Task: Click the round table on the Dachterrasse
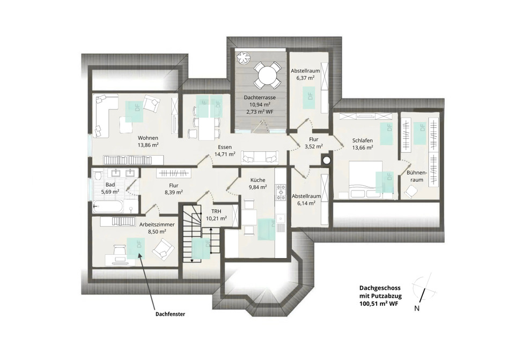[x=269, y=76]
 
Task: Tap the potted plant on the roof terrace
[x=245, y=57]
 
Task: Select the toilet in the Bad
[x=97, y=176]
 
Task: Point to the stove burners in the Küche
[x=281, y=192]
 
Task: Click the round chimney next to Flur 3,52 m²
[x=327, y=160]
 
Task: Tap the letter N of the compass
[x=417, y=308]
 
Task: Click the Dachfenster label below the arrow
[x=170, y=314]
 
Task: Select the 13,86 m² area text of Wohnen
[x=148, y=144]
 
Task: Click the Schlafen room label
[x=363, y=140]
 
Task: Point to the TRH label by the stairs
[x=216, y=211]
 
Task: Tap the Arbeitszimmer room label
[x=157, y=225]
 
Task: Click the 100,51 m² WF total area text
[x=379, y=304]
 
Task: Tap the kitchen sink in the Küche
[x=281, y=217]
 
